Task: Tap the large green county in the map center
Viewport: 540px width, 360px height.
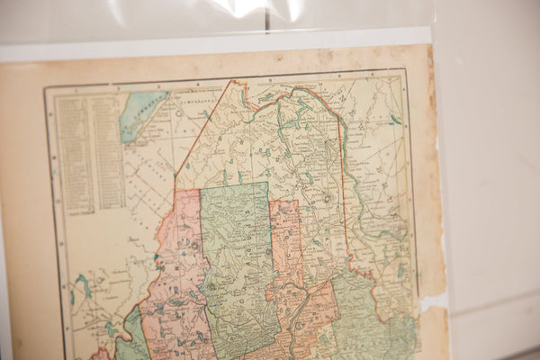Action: click(236, 261)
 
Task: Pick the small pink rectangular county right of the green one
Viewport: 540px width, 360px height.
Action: click(286, 238)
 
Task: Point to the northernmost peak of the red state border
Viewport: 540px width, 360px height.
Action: click(236, 82)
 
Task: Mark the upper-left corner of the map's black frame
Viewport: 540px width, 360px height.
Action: click(47, 88)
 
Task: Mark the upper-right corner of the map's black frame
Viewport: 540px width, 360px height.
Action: click(403, 70)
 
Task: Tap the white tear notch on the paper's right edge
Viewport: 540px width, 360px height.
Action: click(431, 301)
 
